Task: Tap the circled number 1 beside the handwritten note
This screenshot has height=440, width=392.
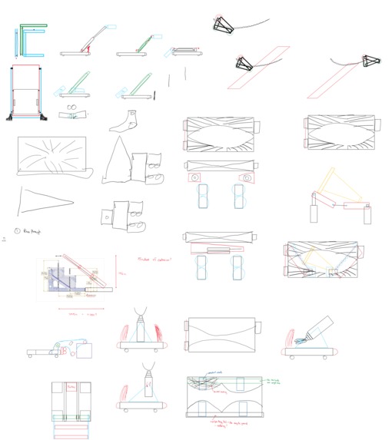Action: [17, 230]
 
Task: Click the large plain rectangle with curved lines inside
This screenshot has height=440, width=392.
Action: [221, 333]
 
